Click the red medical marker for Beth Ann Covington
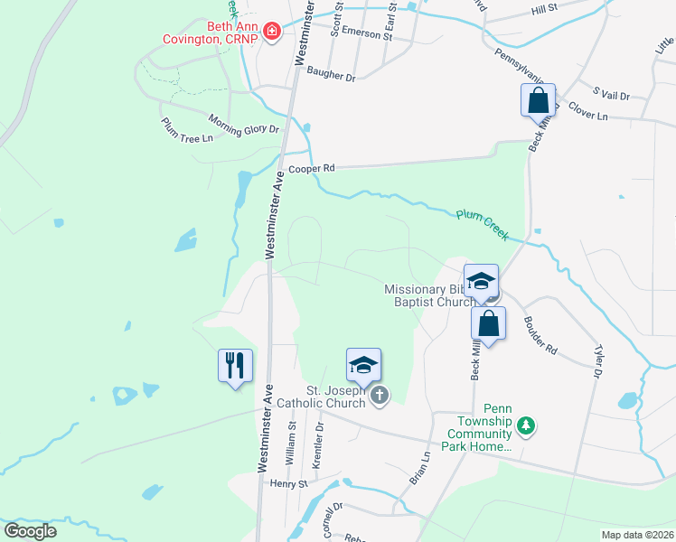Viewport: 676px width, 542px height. click(x=272, y=33)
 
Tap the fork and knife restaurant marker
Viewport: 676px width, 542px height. click(x=235, y=366)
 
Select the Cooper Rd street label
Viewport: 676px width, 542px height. click(x=312, y=169)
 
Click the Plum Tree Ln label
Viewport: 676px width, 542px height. click(x=187, y=130)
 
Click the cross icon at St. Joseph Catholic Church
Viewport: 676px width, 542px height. click(x=380, y=395)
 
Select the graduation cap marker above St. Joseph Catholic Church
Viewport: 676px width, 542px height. click(x=363, y=365)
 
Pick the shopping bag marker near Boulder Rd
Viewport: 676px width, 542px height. click(x=488, y=323)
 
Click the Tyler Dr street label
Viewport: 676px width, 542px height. click(x=597, y=360)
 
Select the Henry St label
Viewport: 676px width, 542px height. click(x=289, y=484)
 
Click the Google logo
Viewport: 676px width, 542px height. click(x=31, y=531)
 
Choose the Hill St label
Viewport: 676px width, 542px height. click(x=545, y=8)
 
